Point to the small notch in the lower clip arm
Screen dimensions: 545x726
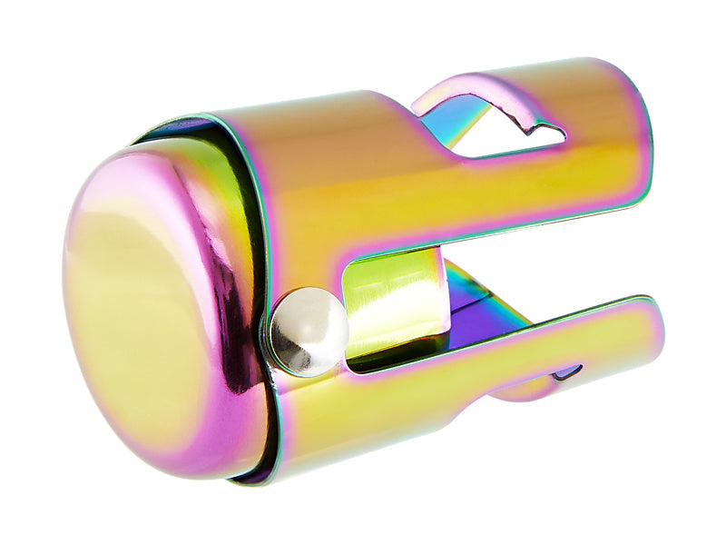[x=566, y=371]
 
